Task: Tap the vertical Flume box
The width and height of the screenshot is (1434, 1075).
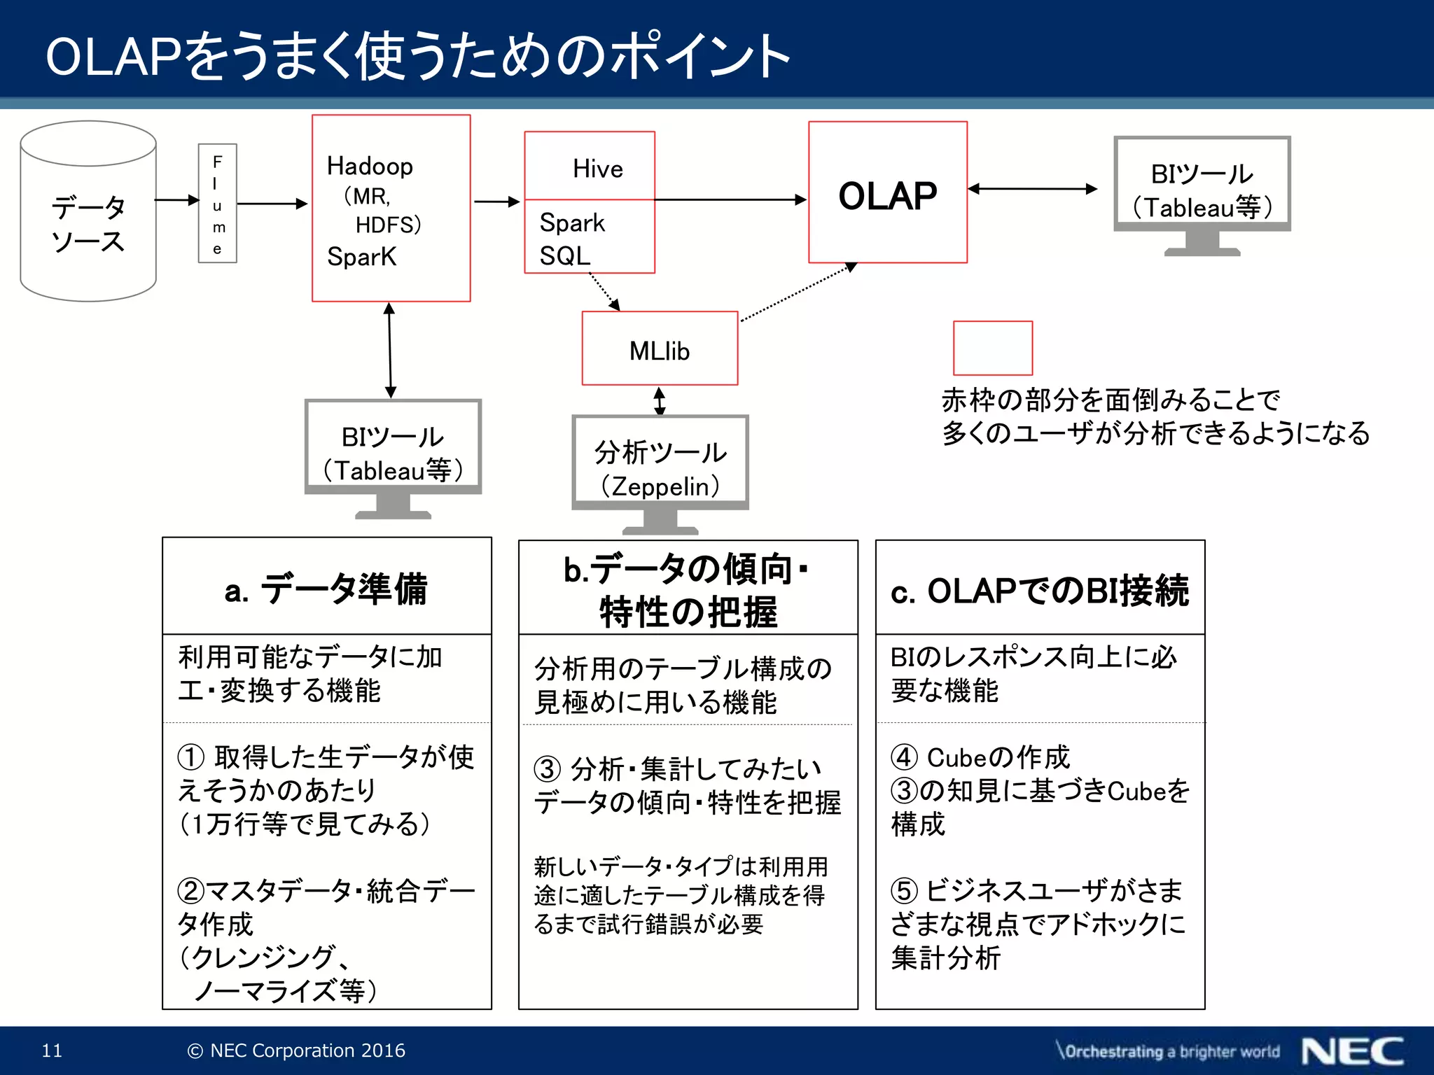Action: [x=218, y=204]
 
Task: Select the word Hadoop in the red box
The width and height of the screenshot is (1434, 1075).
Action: [x=370, y=167]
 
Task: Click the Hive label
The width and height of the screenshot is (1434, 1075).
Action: [x=597, y=169]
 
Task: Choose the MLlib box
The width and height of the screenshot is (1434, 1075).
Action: [x=660, y=349]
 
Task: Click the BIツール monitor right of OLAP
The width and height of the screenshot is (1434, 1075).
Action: [x=1202, y=190]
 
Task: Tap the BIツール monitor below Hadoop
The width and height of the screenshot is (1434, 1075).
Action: [x=393, y=452]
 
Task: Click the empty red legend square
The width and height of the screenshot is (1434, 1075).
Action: [x=992, y=349]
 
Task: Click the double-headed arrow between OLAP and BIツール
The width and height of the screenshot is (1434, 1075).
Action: [x=1032, y=189]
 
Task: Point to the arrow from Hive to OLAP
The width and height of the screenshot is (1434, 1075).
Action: [x=728, y=200]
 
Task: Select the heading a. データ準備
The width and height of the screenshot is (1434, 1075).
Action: [x=326, y=589]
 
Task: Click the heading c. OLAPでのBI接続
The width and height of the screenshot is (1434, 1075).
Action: [x=1040, y=591]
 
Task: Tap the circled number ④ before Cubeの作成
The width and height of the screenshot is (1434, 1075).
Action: [x=904, y=757]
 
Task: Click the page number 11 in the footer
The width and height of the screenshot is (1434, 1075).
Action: [x=52, y=1051]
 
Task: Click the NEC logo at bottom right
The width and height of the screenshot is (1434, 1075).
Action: [x=1353, y=1051]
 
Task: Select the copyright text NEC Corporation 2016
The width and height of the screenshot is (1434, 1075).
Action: [x=297, y=1051]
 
